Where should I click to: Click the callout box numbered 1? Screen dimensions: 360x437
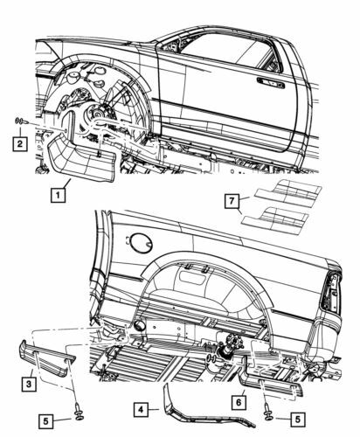click(58, 195)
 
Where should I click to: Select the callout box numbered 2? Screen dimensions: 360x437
click(20, 143)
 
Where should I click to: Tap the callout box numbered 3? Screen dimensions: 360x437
click(29, 384)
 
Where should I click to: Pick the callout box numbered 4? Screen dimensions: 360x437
click(142, 410)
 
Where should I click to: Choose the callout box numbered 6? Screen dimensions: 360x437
click(239, 402)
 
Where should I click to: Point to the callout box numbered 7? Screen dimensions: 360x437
click(232, 201)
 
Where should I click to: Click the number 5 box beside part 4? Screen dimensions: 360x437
click(45, 421)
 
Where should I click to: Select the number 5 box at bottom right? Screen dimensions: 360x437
click(298, 420)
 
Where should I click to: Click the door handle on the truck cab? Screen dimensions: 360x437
click(270, 83)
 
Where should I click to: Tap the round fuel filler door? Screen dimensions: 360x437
click(141, 243)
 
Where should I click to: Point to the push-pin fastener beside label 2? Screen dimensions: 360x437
click(22, 121)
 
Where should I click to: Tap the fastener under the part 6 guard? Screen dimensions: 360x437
click(267, 413)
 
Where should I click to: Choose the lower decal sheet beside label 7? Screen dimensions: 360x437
click(275, 220)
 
